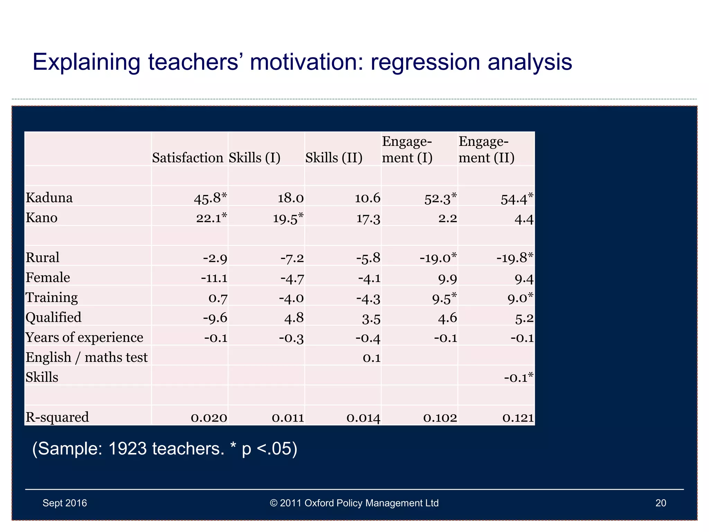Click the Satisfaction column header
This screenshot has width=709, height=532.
click(188, 158)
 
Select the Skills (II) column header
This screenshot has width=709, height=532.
click(334, 158)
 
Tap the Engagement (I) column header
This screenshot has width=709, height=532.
click(407, 150)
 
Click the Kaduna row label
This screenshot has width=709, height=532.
click(49, 198)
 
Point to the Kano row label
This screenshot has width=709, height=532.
click(42, 218)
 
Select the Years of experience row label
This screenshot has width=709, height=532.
click(84, 337)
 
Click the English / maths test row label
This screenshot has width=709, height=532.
click(87, 357)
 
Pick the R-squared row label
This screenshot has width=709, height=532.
click(57, 417)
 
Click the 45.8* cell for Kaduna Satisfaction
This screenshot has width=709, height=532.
click(210, 198)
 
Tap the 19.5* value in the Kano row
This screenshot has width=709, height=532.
click(288, 218)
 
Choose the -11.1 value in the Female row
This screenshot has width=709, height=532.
click(214, 278)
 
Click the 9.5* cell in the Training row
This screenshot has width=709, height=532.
click(444, 298)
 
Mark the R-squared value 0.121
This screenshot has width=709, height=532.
click(518, 418)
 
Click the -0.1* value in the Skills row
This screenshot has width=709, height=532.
click(518, 378)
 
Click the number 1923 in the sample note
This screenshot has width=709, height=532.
click(127, 449)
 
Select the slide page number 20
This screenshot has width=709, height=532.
click(661, 503)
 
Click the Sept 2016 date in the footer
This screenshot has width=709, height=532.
click(65, 503)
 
